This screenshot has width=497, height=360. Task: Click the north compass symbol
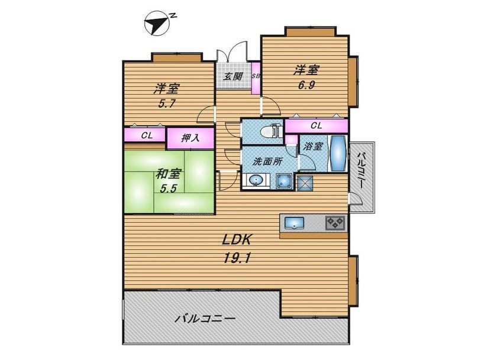[157, 23]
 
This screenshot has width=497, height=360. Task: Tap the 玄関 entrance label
[233, 76]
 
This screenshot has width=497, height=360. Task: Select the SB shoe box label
[256, 76]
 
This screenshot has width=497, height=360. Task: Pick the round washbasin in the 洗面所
[256, 181]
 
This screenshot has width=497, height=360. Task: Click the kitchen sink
[294, 223]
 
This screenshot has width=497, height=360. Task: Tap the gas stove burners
[335, 223]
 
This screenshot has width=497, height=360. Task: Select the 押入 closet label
[190, 138]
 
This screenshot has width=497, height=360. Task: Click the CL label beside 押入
[147, 135]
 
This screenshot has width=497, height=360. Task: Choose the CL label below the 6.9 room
[316, 126]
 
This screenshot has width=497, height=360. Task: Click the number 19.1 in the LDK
[237, 259]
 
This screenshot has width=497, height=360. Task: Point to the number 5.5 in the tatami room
[167, 189]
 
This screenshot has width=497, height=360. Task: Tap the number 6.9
[306, 85]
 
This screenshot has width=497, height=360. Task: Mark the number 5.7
[167, 103]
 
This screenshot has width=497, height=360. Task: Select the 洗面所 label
[267, 161]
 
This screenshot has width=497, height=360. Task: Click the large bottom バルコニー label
[206, 319]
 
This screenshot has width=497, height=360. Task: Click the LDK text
[237, 239]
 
